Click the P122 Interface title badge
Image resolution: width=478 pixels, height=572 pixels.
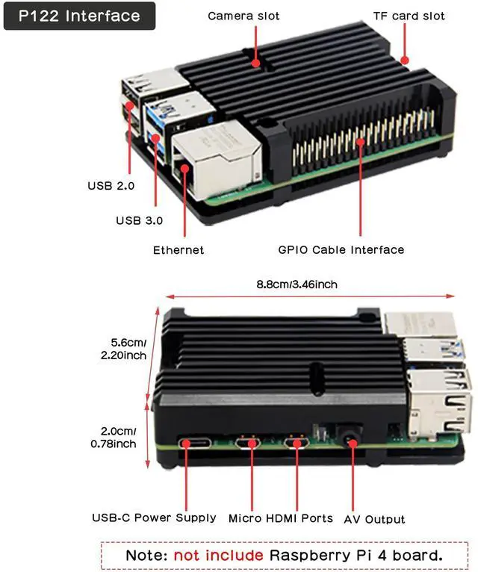(x=79, y=16)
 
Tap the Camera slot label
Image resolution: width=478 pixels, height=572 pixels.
(x=243, y=16)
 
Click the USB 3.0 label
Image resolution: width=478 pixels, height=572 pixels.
(x=139, y=220)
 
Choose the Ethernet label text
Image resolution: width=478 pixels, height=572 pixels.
(x=179, y=250)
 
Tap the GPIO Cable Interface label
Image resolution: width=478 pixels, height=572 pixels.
(x=341, y=250)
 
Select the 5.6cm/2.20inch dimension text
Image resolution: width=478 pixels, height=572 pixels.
(x=123, y=349)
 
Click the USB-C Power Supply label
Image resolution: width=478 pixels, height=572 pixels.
(x=154, y=517)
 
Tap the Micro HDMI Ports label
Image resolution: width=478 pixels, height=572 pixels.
(x=281, y=517)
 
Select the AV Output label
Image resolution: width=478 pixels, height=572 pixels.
(x=374, y=519)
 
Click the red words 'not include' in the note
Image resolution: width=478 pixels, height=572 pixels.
(x=218, y=555)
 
